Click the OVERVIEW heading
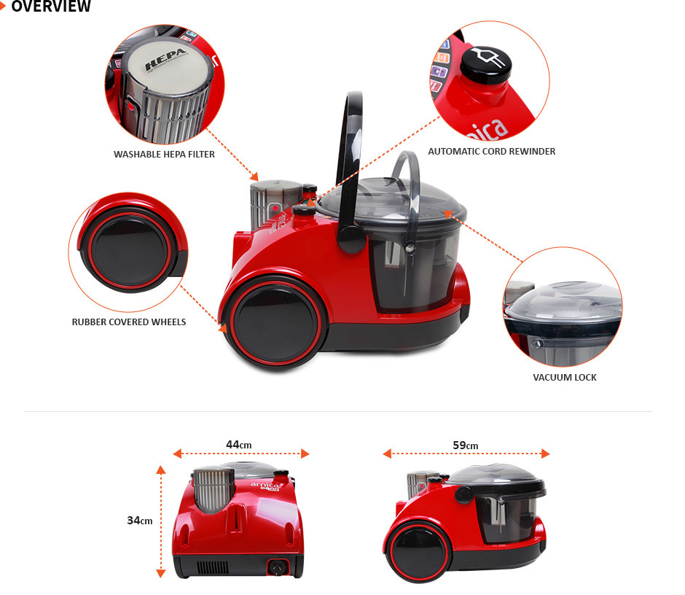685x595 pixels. [51, 6]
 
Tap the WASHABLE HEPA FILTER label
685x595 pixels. [164, 155]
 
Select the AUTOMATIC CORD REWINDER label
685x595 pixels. [491, 151]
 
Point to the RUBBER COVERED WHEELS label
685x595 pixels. [129, 322]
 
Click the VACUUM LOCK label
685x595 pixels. [565, 377]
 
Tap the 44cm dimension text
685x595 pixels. [238, 445]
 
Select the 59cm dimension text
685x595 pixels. [465, 446]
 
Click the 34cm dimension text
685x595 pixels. [140, 520]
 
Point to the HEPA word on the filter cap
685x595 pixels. [166, 60]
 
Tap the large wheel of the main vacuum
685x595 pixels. [274, 323]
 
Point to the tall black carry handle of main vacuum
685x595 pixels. [350, 171]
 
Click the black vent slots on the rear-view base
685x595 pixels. [212, 567]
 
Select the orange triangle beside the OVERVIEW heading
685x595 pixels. [3, 7]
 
